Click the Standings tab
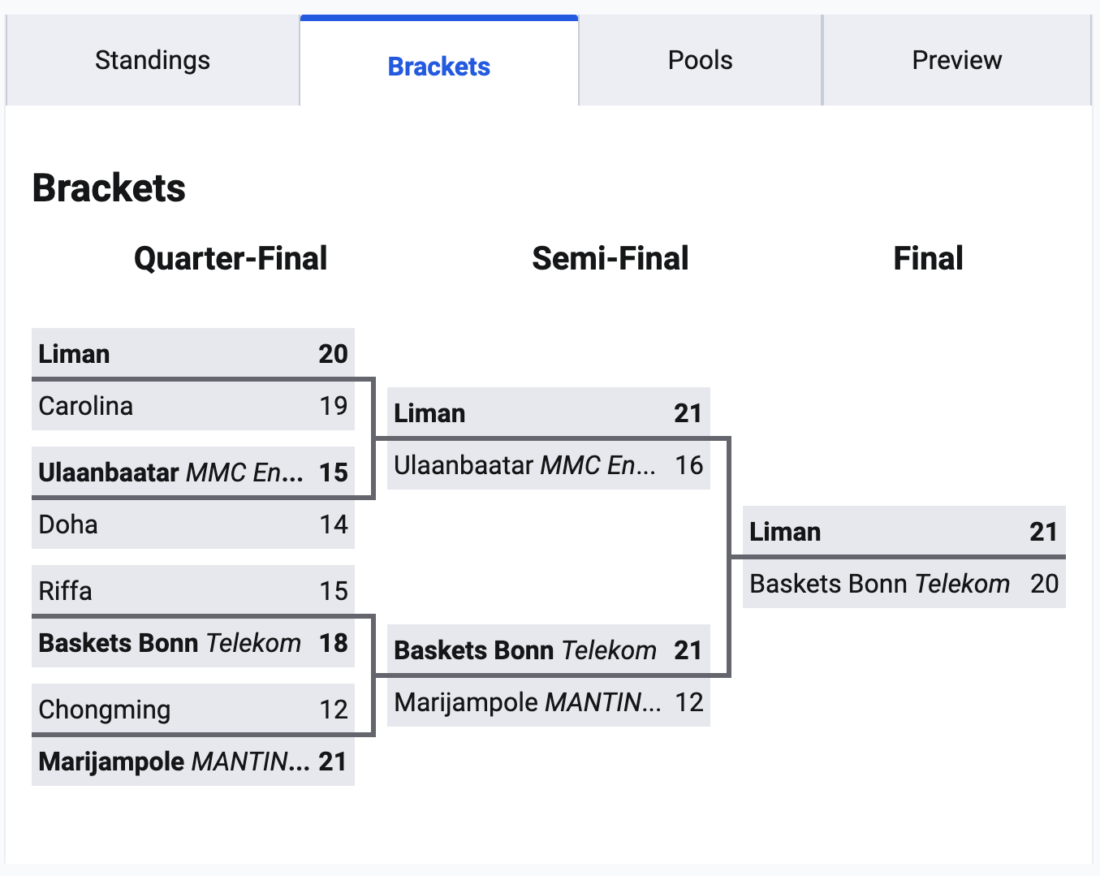click(153, 61)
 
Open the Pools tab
click(700, 61)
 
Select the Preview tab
click(956, 61)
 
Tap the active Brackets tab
click(438, 67)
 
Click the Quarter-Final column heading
click(231, 259)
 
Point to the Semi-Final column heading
click(610, 259)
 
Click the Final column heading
click(928, 259)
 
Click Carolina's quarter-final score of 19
click(333, 406)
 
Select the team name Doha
click(68, 524)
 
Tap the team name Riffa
click(65, 591)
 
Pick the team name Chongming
click(105, 710)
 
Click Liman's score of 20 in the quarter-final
click(333, 354)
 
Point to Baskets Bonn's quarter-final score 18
click(333, 643)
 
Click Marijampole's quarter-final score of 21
click(333, 762)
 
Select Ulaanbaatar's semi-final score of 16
click(688, 465)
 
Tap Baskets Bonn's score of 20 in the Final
click(1044, 584)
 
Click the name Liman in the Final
click(785, 532)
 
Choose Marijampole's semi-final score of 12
click(688, 702)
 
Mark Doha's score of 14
click(333, 524)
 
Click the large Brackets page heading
click(109, 188)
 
